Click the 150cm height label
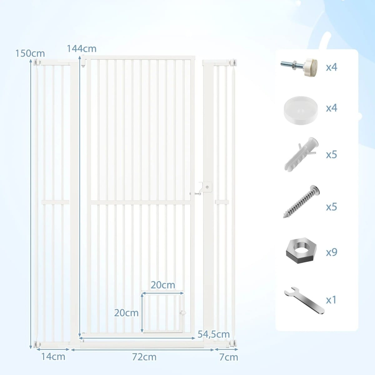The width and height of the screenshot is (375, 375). (x=30, y=53)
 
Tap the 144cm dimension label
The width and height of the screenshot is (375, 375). (x=82, y=49)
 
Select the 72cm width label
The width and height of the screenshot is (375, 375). (x=144, y=357)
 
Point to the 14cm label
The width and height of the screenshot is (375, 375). (x=53, y=357)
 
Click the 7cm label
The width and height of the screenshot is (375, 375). (x=229, y=357)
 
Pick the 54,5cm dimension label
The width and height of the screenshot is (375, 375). (x=214, y=334)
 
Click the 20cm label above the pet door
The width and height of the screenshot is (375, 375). (x=163, y=285)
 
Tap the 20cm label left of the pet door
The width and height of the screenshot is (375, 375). (x=126, y=313)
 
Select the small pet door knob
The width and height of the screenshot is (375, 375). (x=183, y=313)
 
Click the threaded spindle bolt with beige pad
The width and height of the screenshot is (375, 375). (x=299, y=67)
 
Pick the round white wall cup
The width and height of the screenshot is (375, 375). (x=301, y=110)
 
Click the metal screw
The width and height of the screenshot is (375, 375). (x=301, y=202)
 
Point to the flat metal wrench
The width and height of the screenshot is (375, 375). (x=304, y=301)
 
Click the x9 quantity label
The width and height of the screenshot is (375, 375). (x=332, y=252)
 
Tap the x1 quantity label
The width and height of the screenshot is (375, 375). (x=331, y=300)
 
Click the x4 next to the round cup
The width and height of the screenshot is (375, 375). (x=332, y=108)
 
